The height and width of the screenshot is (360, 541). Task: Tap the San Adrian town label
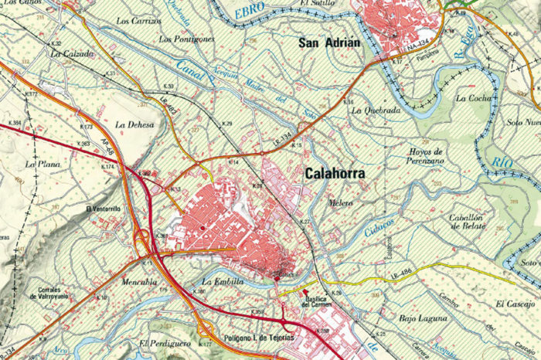click(x=329, y=43)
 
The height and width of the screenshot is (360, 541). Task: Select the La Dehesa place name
click(x=134, y=124)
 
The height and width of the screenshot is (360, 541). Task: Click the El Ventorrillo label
click(x=104, y=209)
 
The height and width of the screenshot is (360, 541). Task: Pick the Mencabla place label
click(x=139, y=282)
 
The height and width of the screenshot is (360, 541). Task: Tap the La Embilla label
click(x=223, y=282)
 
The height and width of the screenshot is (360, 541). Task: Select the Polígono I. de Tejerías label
click(x=259, y=338)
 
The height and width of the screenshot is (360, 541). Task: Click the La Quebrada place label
click(x=376, y=110)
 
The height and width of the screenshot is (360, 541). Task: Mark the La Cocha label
click(x=474, y=98)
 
